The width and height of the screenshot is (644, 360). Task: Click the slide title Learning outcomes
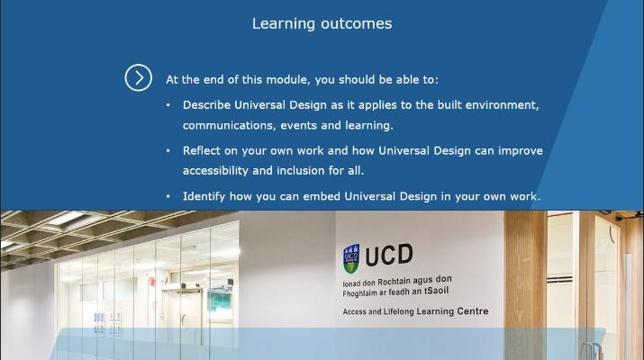coord(322,23)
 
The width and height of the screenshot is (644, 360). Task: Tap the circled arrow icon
coord(138,78)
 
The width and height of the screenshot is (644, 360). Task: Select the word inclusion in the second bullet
coord(316,171)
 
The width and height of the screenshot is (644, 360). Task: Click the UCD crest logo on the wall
coord(351,259)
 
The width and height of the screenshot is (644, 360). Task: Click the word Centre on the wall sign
coord(473,312)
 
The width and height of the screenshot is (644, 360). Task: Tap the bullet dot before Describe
coord(168,105)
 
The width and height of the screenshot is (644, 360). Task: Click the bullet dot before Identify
coord(168,196)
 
